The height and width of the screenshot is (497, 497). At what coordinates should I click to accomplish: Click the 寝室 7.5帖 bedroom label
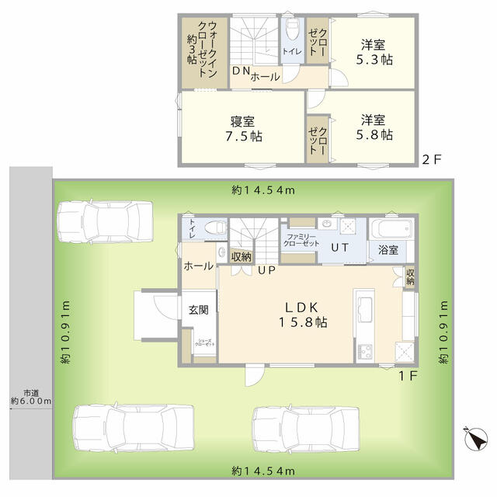tap(243, 129)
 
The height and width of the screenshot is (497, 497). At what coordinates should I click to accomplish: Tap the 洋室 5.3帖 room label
tap(374, 52)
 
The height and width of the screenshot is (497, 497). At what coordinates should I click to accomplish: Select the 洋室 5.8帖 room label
tap(374, 127)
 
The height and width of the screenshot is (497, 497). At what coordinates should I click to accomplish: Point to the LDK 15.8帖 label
tap(303, 315)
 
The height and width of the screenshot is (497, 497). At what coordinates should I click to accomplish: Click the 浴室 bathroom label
tap(388, 250)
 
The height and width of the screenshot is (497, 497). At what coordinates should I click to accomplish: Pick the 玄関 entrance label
tap(199, 309)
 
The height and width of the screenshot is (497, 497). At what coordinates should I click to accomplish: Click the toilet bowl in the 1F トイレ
tap(216, 228)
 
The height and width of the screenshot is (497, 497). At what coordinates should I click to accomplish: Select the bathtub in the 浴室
tap(391, 228)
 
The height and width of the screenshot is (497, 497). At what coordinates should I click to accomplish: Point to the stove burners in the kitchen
tap(364, 351)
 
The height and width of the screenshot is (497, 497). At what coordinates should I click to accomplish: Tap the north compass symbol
tap(476, 438)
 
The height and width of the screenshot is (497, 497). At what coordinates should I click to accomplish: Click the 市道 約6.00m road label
tap(31, 397)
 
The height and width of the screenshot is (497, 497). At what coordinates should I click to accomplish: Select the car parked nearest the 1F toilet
tap(105, 221)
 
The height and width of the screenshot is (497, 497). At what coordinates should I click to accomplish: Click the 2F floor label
tap(432, 159)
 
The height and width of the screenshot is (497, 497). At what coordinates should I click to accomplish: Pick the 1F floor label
tap(408, 376)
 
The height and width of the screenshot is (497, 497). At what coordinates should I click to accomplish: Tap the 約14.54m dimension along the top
tap(263, 190)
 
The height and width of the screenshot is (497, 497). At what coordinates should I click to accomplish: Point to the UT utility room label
tap(340, 247)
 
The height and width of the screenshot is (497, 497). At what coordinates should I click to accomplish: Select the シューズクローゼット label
tap(205, 342)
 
